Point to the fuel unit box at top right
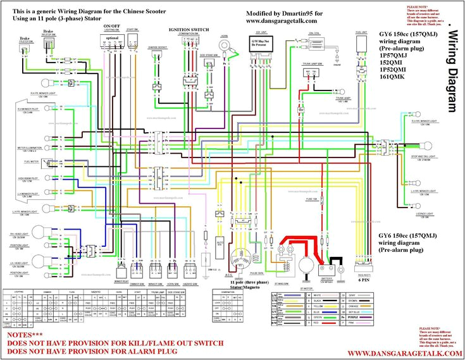click(x=362, y=44)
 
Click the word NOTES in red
click(x=25, y=335)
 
